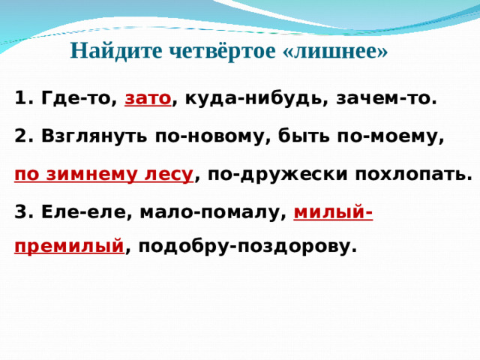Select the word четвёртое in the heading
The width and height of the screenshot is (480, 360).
217,52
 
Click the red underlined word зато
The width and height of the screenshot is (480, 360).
148,98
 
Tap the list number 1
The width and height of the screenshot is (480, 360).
20,98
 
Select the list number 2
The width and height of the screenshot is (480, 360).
20,137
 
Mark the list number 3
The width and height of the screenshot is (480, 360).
20,213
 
